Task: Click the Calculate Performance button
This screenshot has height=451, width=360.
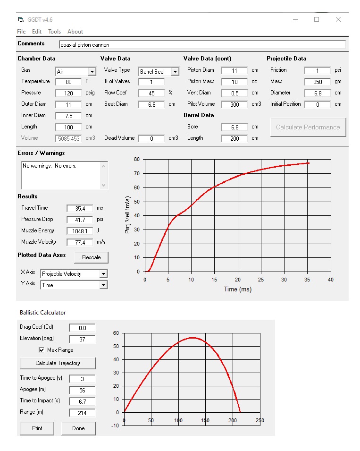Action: click(x=308, y=127)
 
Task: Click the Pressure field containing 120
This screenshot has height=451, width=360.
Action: click(x=68, y=93)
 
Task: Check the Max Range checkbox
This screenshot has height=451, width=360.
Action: click(x=42, y=350)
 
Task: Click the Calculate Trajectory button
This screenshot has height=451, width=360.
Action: click(x=58, y=363)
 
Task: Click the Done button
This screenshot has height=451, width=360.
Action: click(x=78, y=428)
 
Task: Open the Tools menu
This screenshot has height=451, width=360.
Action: click(x=54, y=32)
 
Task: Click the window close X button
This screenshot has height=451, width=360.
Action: click(x=338, y=19)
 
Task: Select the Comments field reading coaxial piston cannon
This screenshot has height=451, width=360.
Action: click(x=202, y=45)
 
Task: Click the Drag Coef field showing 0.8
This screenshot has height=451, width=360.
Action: click(x=82, y=328)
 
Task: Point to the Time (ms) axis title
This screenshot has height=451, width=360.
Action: click(x=238, y=289)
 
